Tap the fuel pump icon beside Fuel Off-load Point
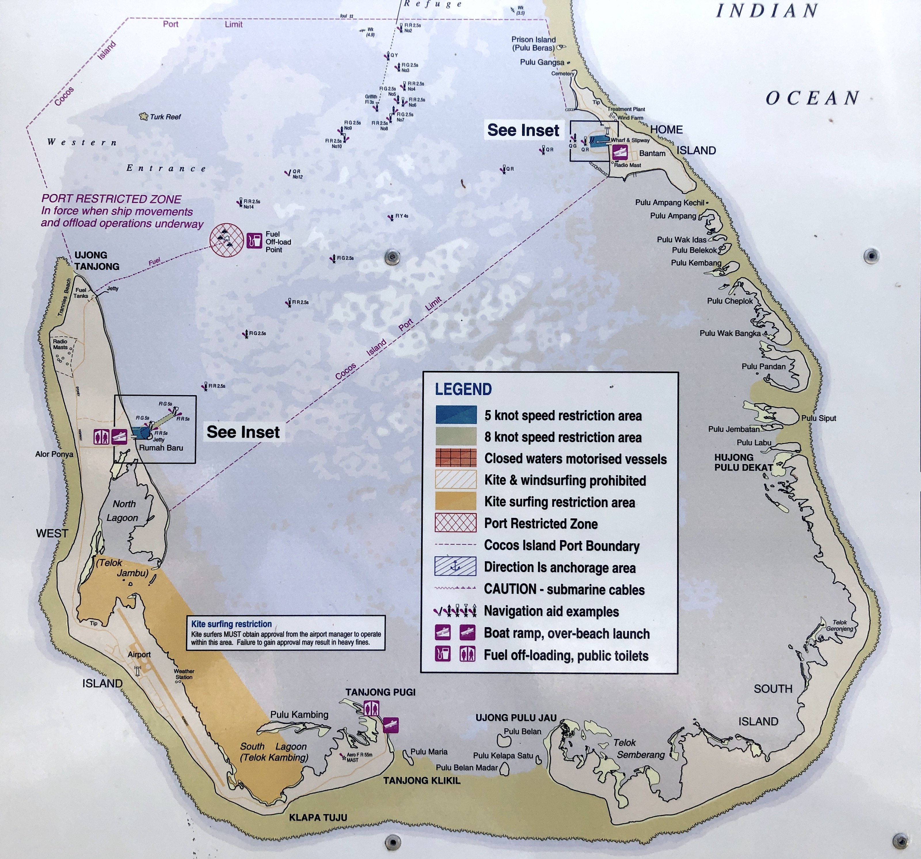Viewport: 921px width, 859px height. [x=254, y=241]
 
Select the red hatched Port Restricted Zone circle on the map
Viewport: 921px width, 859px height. [x=227, y=240]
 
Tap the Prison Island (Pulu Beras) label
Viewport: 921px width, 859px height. [x=533, y=43]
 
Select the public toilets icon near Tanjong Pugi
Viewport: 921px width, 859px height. [x=372, y=708]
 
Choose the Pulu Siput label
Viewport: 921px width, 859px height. [x=819, y=418]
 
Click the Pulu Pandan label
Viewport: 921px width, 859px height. [x=764, y=366]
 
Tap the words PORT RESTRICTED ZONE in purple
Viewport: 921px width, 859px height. [x=111, y=199]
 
